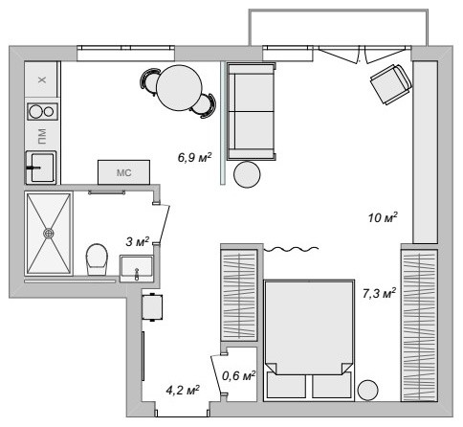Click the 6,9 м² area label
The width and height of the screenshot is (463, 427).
(193, 156)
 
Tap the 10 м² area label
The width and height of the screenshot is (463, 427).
(383, 217)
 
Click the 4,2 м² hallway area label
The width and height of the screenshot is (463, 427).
(182, 390)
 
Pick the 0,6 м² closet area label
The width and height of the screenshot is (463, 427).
(238, 375)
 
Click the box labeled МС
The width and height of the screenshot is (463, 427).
(122, 172)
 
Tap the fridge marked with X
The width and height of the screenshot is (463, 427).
(41, 80)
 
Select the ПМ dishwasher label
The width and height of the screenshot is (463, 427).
(41, 138)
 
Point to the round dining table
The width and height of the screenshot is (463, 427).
(180, 88)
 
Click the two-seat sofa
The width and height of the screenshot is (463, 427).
(251, 111)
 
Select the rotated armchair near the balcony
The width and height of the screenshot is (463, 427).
(389, 83)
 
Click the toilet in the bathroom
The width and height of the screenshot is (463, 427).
(97, 258)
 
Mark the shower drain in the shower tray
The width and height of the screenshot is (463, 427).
(49, 232)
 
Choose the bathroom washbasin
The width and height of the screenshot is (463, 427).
(136, 271)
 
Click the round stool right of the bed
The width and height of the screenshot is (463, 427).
(368, 389)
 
